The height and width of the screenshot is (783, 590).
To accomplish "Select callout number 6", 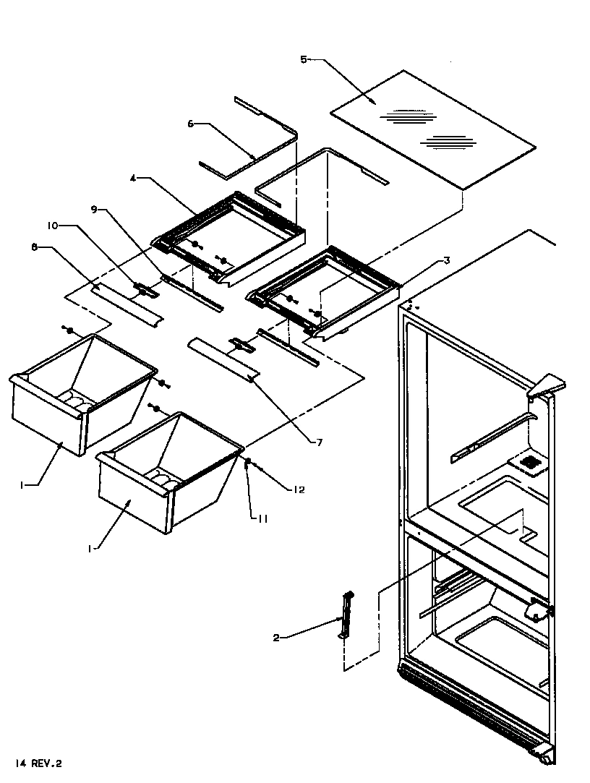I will [191, 124].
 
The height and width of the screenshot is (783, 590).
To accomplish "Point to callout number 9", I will [94, 210].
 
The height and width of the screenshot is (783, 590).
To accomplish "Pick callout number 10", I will [53, 226].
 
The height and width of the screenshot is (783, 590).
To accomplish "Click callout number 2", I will [276, 637].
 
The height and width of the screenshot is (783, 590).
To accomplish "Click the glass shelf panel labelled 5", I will [434, 130].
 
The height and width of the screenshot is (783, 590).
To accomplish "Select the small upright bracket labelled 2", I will [346, 615].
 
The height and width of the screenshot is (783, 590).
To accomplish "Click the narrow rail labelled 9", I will [192, 291].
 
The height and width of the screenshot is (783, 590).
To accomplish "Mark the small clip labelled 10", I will [147, 290].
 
